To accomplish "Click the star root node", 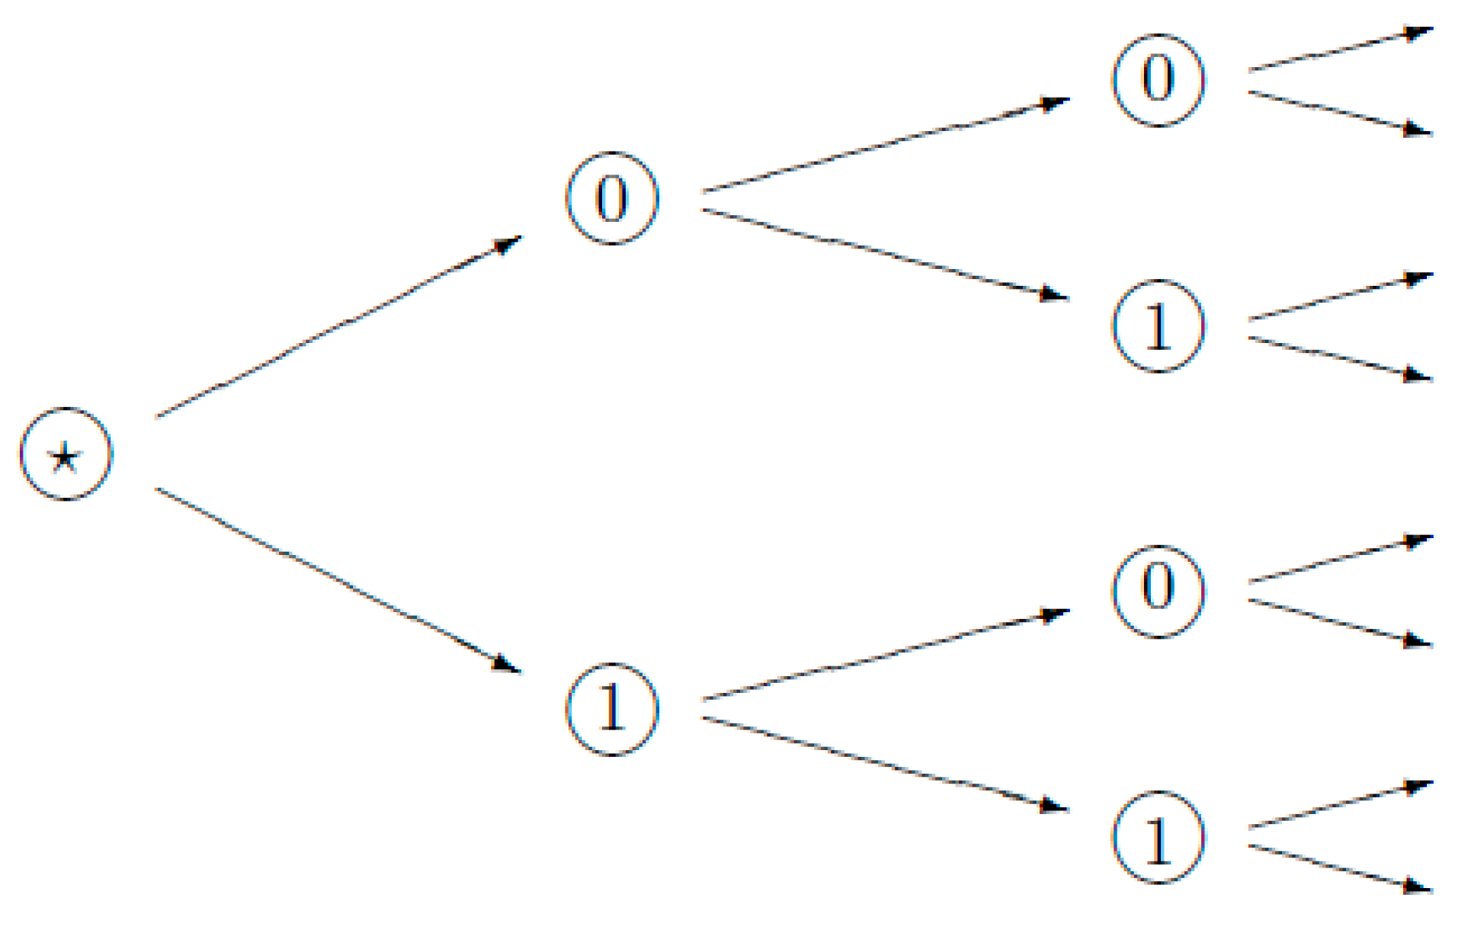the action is point(66,454).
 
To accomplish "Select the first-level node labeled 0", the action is point(612,198).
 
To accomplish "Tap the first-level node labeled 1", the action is point(612,709).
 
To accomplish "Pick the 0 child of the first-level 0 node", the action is point(1159,80).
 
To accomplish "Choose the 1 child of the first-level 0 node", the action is point(1159,326).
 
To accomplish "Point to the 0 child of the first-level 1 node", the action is point(1159,591).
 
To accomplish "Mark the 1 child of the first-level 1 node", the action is point(1159,837).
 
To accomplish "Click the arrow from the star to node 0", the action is point(338,327).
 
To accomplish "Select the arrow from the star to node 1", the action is point(338,581).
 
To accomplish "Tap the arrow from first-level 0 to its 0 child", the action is point(885,145).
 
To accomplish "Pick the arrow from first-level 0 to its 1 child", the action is point(885,254).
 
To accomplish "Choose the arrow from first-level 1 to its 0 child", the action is point(885,655).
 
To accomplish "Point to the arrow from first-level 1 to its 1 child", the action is point(885,763).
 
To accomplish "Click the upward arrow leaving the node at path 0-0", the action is point(1340,50).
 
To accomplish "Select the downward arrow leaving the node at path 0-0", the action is point(1340,113).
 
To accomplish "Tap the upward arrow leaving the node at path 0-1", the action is point(1340,297).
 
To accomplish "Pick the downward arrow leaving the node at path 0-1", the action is point(1340,358).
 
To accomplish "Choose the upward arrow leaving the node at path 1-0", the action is point(1340,560).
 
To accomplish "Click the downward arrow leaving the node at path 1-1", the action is point(1340,867).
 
